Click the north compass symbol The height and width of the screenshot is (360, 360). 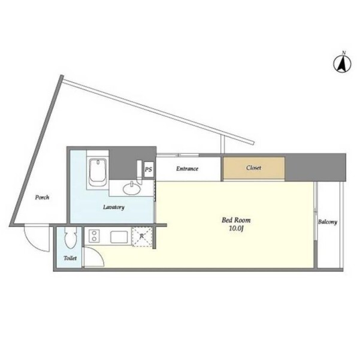342,64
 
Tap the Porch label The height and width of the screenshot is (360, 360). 42,198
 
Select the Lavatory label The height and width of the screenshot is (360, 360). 114,207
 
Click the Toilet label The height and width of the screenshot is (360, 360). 70,258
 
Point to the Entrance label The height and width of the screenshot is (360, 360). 187,169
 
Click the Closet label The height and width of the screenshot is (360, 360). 254,168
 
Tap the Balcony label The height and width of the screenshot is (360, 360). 328,222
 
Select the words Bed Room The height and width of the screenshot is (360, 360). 236,220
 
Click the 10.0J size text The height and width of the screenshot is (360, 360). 236,228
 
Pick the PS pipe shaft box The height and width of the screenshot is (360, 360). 149,170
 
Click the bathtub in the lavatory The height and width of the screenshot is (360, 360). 98,172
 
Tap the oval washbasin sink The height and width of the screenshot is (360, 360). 132,189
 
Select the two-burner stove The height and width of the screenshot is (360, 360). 94,236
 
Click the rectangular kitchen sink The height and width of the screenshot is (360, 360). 119,237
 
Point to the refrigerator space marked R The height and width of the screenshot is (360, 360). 142,237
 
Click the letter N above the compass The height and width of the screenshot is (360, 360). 344,53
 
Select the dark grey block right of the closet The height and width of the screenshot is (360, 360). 315,167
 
